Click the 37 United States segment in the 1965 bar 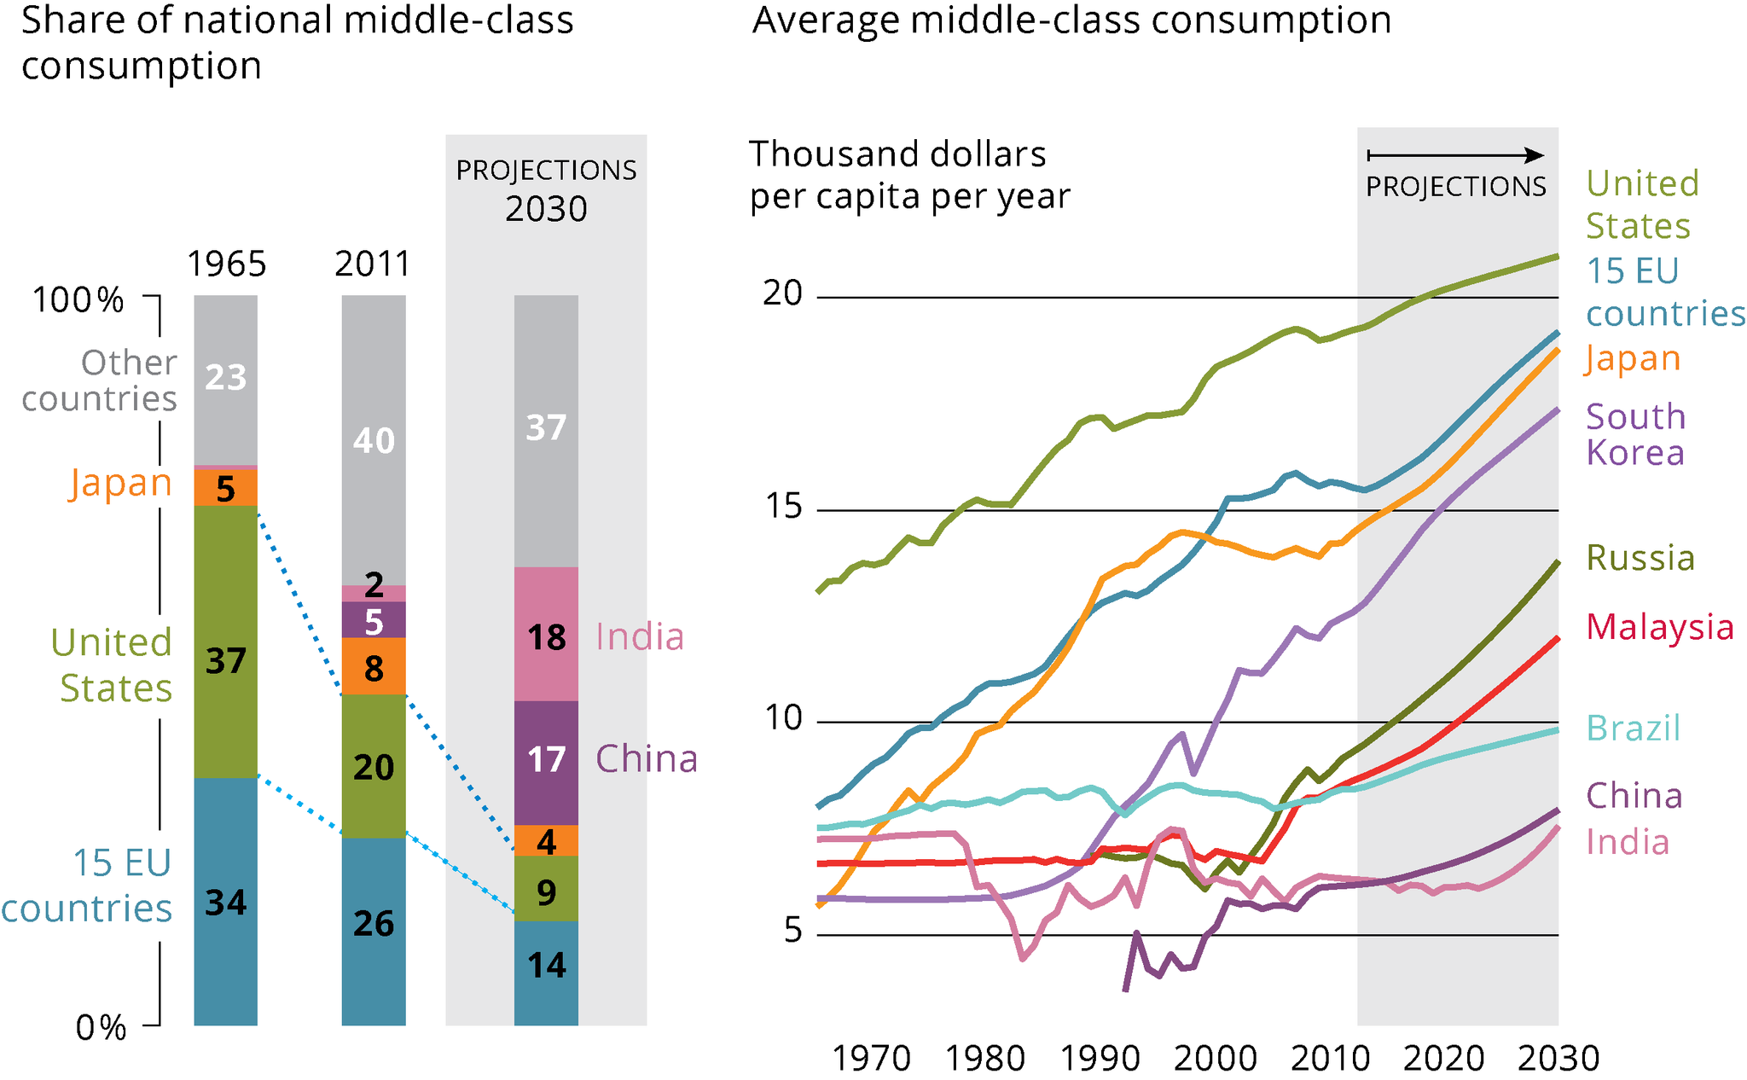pos(225,661)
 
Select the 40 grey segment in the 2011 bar pos(374,440)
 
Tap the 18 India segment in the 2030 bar pos(546,636)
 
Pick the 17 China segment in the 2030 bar pos(546,759)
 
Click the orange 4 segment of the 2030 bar pos(546,842)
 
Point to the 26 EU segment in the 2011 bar pos(374,924)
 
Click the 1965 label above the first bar pos(226,264)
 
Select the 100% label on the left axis pos(78,300)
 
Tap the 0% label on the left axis pos(101,1028)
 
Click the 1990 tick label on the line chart pos(1100,1059)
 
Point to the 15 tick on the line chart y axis pos(783,507)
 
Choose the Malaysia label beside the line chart pos(1659,627)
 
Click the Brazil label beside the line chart pos(1633,728)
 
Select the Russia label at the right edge pos(1640,558)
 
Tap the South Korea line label pos(1635,434)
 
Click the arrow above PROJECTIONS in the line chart pos(1455,155)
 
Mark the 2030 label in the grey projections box pos(546,209)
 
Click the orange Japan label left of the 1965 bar pos(121,483)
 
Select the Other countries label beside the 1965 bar pos(101,380)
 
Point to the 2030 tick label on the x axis pos(1558,1059)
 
